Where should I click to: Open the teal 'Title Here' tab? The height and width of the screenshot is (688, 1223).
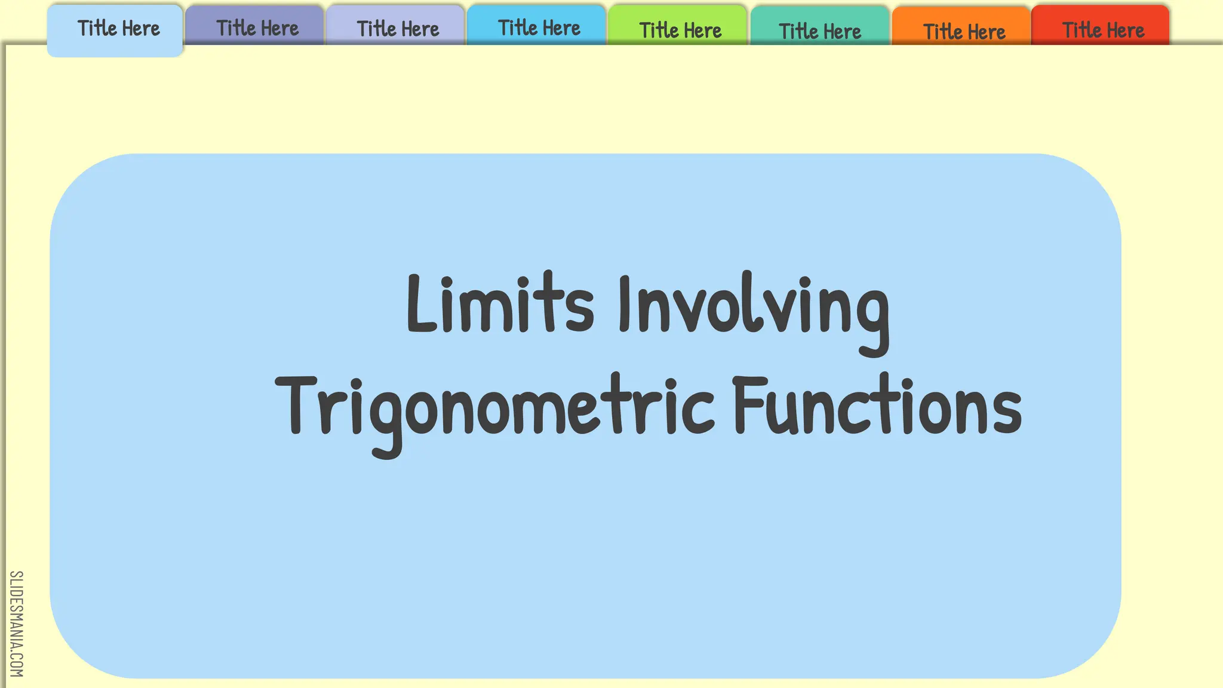(x=819, y=30)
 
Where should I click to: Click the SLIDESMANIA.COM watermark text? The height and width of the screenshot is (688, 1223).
(x=16, y=623)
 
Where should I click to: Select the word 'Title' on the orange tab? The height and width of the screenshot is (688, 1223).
(x=943, y=31)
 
